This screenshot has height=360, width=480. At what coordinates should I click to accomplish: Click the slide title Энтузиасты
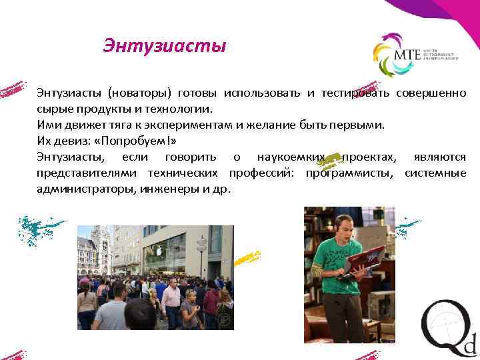click(x=165, y=47)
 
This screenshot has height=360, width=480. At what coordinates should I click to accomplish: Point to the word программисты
click(x=351, y=173)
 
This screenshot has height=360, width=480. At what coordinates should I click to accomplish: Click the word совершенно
click(x=431, y=91)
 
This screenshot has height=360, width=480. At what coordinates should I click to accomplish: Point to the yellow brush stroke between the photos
click(x=247, y=256)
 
